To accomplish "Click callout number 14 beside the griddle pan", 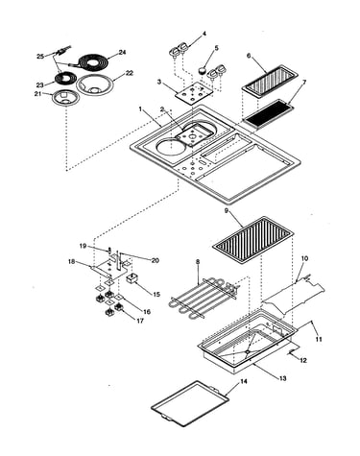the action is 244,381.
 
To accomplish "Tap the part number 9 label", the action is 227,210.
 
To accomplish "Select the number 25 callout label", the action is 40,57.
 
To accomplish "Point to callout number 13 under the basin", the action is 282,378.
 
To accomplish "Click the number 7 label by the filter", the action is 304,83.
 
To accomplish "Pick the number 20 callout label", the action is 156,260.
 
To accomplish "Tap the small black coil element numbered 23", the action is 65,79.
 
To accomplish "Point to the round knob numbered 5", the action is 202,70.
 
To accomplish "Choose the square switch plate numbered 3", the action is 193,93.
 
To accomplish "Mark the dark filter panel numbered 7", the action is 268,113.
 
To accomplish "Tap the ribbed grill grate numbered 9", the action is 252,240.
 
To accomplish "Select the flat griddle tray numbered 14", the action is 191,404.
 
